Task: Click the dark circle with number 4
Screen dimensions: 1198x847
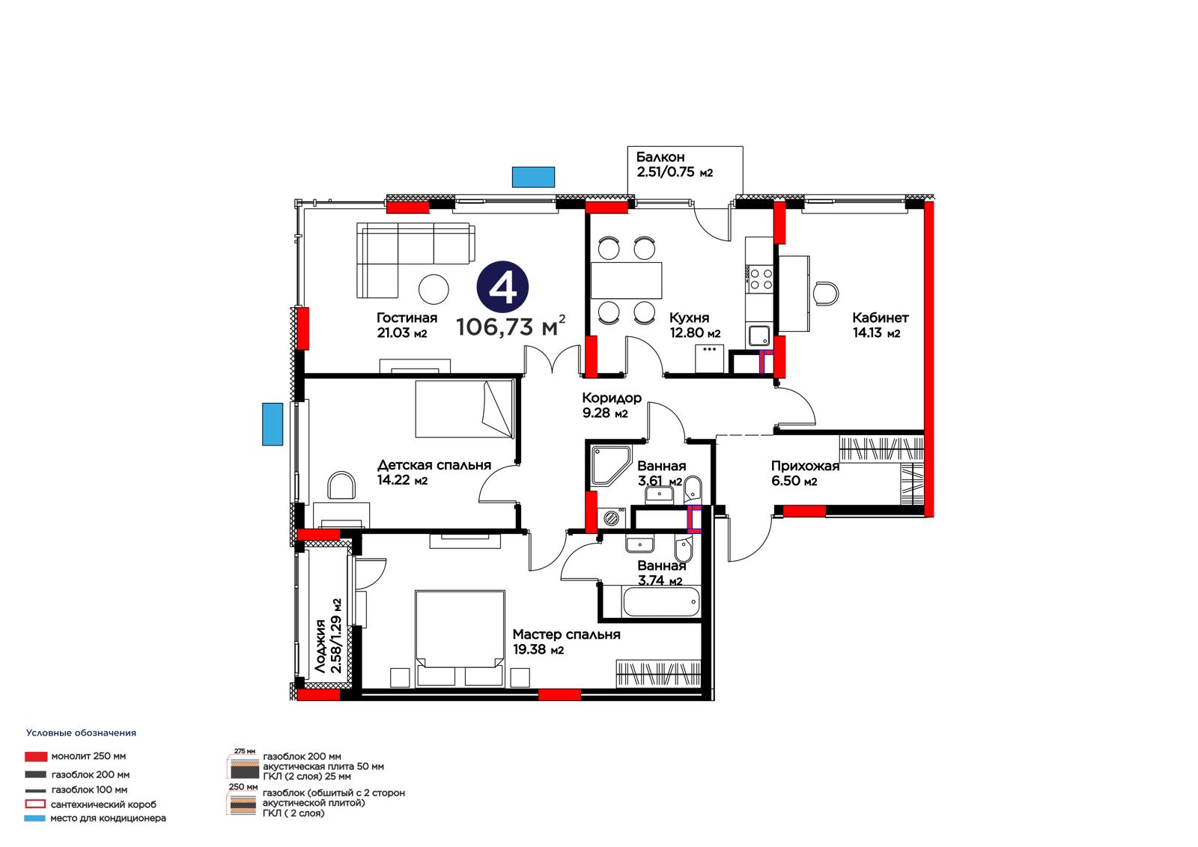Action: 502,287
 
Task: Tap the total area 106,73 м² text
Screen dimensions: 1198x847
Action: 511,326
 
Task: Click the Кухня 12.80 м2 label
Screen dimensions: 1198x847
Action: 695,325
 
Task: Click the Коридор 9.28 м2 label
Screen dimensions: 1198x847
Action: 611,405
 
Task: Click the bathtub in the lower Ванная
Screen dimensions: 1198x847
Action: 661,602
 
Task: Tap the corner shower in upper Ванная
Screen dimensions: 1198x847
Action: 611,466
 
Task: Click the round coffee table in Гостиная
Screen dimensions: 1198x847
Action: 434,289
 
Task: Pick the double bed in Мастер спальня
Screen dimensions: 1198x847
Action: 460,638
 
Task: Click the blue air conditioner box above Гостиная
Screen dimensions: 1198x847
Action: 533,177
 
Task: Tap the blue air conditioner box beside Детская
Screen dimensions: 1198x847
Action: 273,424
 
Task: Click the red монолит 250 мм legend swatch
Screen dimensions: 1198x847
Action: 36,756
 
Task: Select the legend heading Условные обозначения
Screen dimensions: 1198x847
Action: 82,733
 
